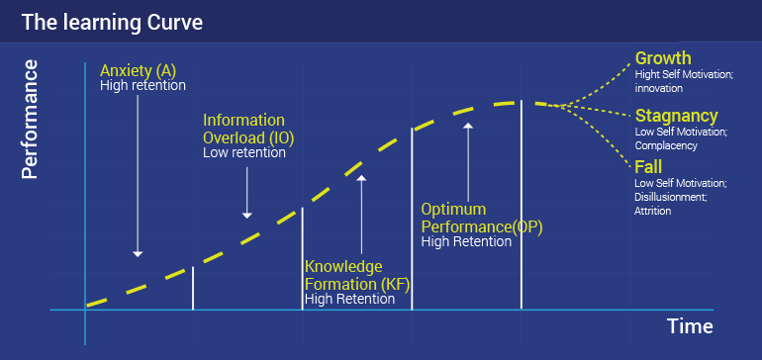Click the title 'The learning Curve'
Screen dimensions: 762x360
(x=112, y=23)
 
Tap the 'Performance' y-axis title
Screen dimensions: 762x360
(x=30, y=120)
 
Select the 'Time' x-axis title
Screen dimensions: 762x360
(x=690, y=326)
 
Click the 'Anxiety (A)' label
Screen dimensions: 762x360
(x=138, y=71)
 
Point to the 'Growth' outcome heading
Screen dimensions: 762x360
(x=663, y=58)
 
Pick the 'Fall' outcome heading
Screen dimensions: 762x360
(x=648, y=167)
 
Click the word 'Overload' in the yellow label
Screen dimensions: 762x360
(x=234, y=138)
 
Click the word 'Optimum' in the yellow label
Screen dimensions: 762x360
(x=446, y=210)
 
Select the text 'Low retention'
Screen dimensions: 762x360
(x=244, y=152)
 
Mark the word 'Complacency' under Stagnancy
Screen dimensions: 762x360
(x=666, y=145)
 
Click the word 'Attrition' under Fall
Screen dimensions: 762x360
(x=653, y=212)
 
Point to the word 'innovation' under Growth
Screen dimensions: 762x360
(x=658, y=88)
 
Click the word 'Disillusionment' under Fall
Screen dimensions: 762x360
(x=669, y=198)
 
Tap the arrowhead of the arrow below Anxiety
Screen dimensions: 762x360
(x=138, y=253)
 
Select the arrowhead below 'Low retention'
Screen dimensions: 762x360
(x=246, y=216)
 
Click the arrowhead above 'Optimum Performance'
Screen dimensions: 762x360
(x=468, y=126)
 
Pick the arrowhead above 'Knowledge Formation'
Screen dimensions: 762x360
(x=361, y=178)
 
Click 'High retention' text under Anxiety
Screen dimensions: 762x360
(x=143, y=85)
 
